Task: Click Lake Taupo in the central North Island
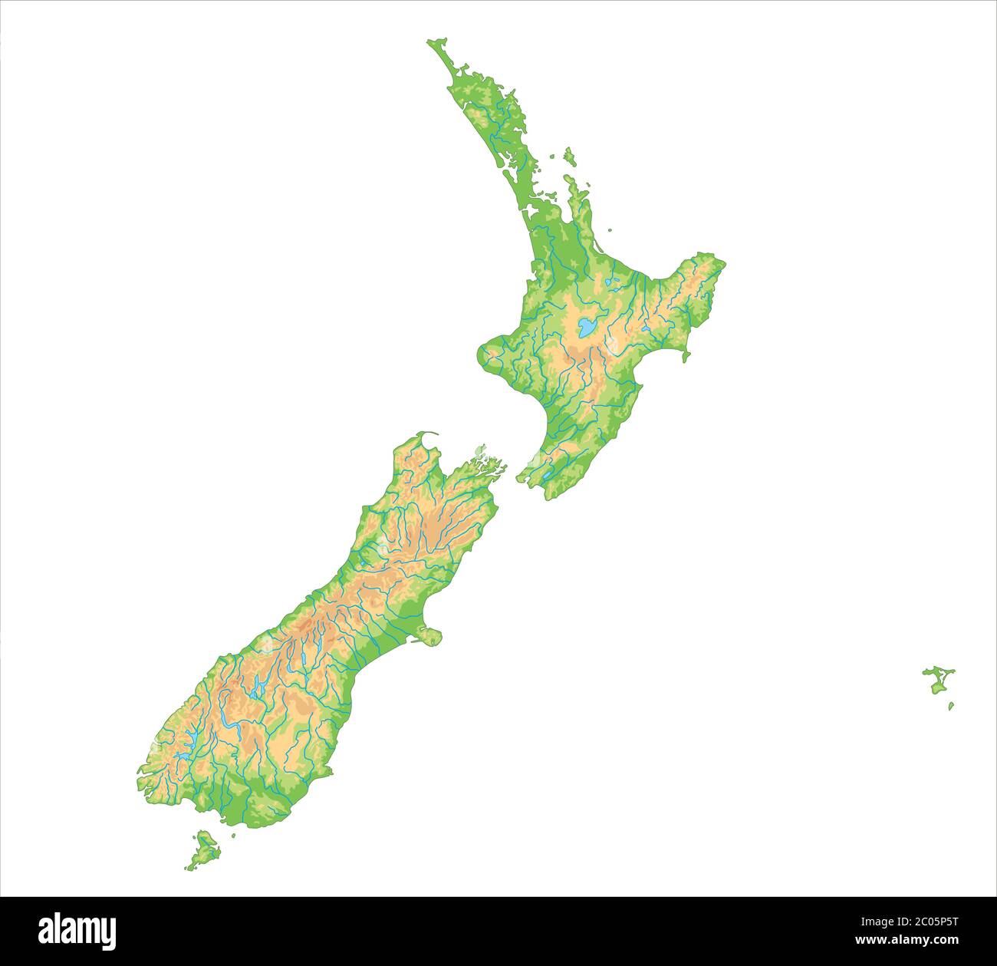[x=587, y=328]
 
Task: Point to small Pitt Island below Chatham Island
[x=951, y=706]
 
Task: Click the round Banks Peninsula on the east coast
[x=429, y=636]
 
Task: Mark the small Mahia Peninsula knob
[x=685, y=354]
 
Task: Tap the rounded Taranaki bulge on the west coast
[x=489, y=354]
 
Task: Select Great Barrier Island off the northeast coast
[x=569, y=157]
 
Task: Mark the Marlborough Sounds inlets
[x=483, y=465]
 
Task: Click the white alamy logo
[x=77, y=930]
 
